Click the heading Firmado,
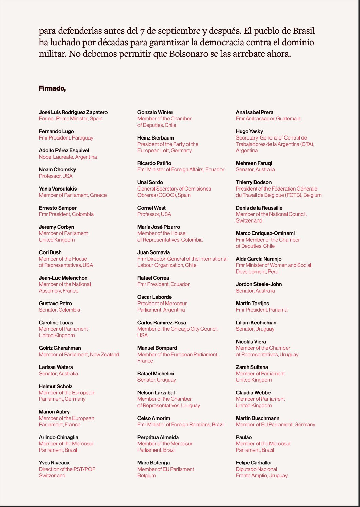click(x=52, y=88)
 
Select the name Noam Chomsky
click(x=57, y=169)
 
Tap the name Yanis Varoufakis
click(x=58, y=189)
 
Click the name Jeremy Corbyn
click(x=56, y=227)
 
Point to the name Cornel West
click(x=151, y=208)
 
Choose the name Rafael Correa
click(x=153, y=278)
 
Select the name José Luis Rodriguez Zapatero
click(x=73, y=112)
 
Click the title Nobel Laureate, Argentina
click(x=68, y=157)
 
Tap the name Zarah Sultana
click(x=252, y=367)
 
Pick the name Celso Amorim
click(x=154, y=418)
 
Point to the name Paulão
click(x=244, y=437)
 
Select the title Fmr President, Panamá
click(x=261, y=310)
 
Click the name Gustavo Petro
click(x=55, y=304)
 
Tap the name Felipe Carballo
click(x=253, y=463)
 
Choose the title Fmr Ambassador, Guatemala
click(x=268, y=119)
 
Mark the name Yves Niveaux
click(x=54, y=463)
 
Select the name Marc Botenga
click(x=153, y=463)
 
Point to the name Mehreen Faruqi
click(x=254, y=163)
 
